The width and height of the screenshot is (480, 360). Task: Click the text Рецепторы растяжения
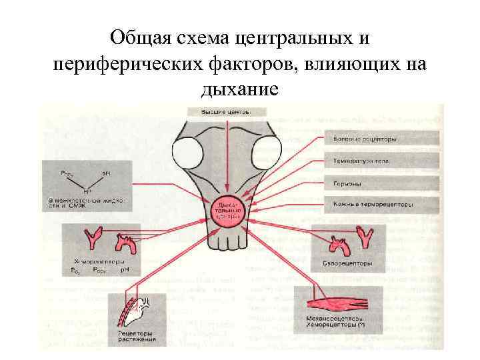tap(137, 337)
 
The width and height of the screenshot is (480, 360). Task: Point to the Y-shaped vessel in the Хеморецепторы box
tap(89, 239)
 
